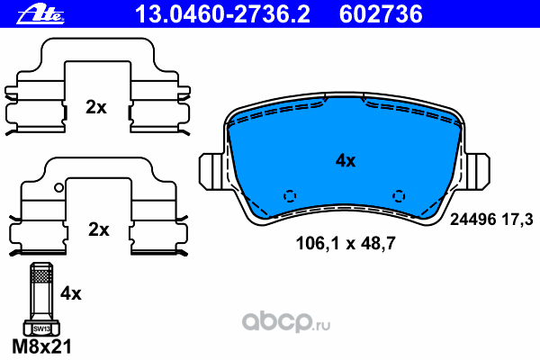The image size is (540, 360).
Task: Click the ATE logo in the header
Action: pos(40,14)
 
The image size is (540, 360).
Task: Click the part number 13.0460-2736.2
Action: pos(222,14)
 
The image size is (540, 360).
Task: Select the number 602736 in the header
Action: pos(381,14)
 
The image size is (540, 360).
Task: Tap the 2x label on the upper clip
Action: pos(96,107)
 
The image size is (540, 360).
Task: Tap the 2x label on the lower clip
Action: pos(98,229)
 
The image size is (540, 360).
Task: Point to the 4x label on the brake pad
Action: pos(346,160)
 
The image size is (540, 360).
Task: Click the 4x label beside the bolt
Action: pos(71,293)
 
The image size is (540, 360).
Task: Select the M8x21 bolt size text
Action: pos(42,346)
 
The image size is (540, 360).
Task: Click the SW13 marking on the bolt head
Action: pos(41,328)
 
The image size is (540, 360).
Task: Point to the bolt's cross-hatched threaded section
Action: pos(41,275)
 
